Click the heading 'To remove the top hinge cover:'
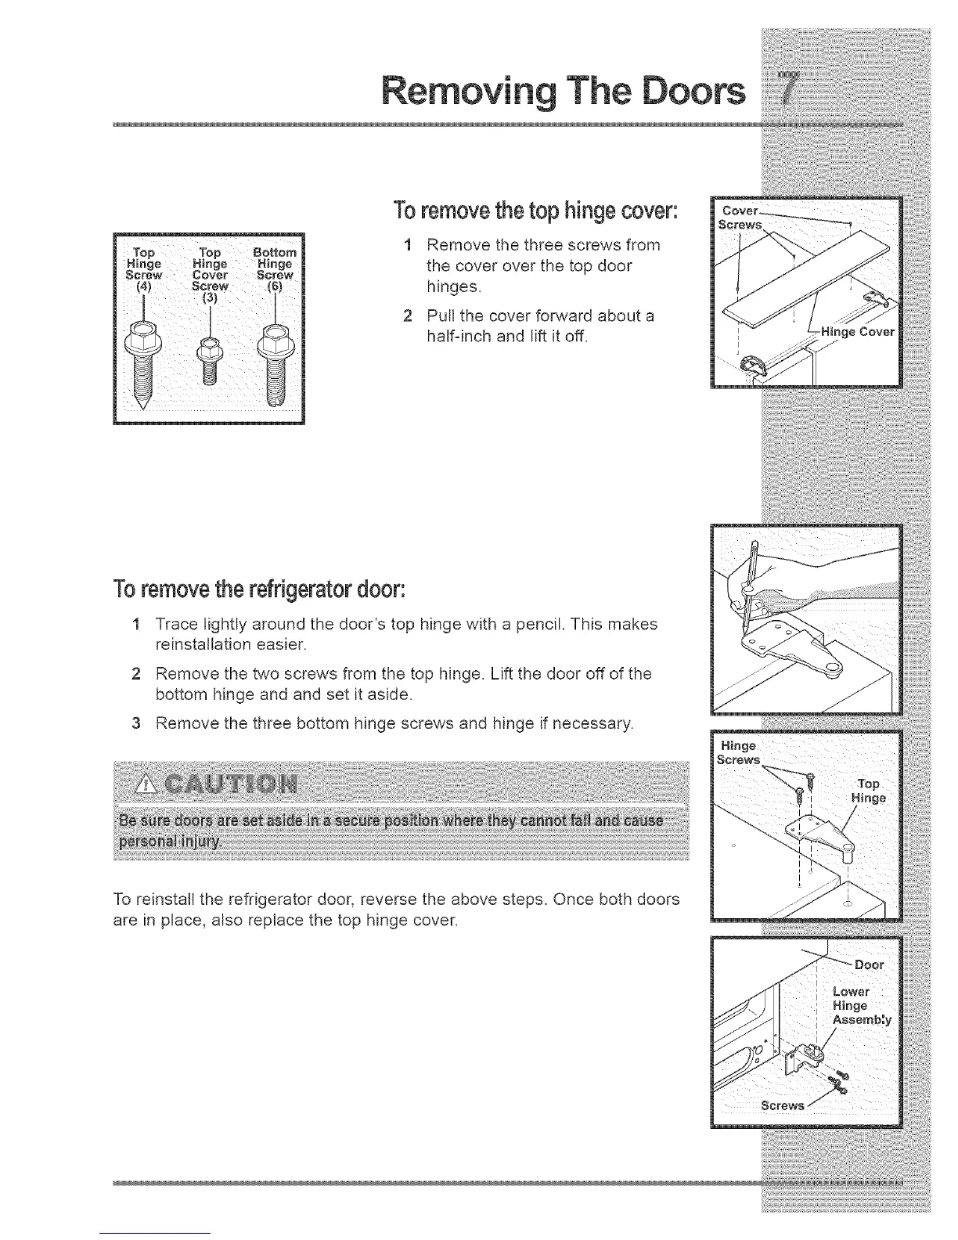click(535, 211)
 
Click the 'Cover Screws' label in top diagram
click(740, 218)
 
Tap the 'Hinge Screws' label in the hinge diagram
click(737, 753)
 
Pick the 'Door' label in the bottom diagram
click(868, 964)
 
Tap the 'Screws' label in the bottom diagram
click(782, 1105)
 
